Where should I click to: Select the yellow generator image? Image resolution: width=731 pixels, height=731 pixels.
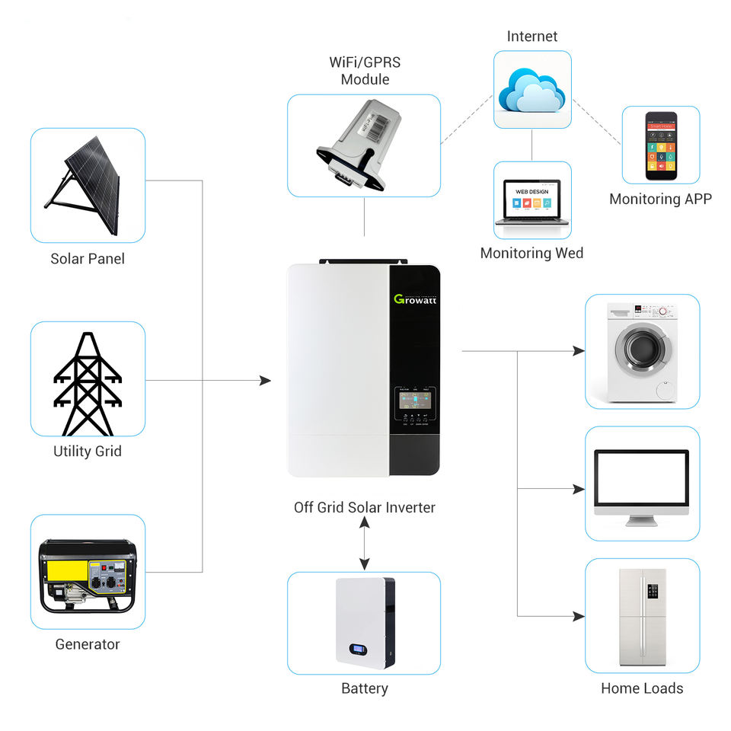coord(88,575)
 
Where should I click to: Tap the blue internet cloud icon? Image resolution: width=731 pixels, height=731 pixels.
coord(531,90)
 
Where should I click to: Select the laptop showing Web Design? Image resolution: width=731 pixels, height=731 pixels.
coord(531,202)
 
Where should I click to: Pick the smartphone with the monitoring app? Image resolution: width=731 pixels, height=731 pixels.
coord(660,145)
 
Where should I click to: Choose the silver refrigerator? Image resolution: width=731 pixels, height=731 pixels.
coord(642,617)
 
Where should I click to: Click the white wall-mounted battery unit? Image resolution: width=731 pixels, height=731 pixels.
coord(364,622)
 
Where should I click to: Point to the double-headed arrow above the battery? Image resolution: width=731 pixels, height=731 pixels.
coord(365,545)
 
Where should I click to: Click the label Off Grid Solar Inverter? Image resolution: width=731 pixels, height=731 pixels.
coord(365,507)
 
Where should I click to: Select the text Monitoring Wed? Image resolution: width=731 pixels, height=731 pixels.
coord(531,253)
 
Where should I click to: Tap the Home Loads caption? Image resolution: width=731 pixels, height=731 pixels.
coord(642,688)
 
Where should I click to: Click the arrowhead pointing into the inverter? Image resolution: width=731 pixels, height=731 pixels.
coord(265,380)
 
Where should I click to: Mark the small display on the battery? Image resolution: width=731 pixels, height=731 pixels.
coord(359,650)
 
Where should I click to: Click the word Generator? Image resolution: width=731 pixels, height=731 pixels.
coord(88,644)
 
